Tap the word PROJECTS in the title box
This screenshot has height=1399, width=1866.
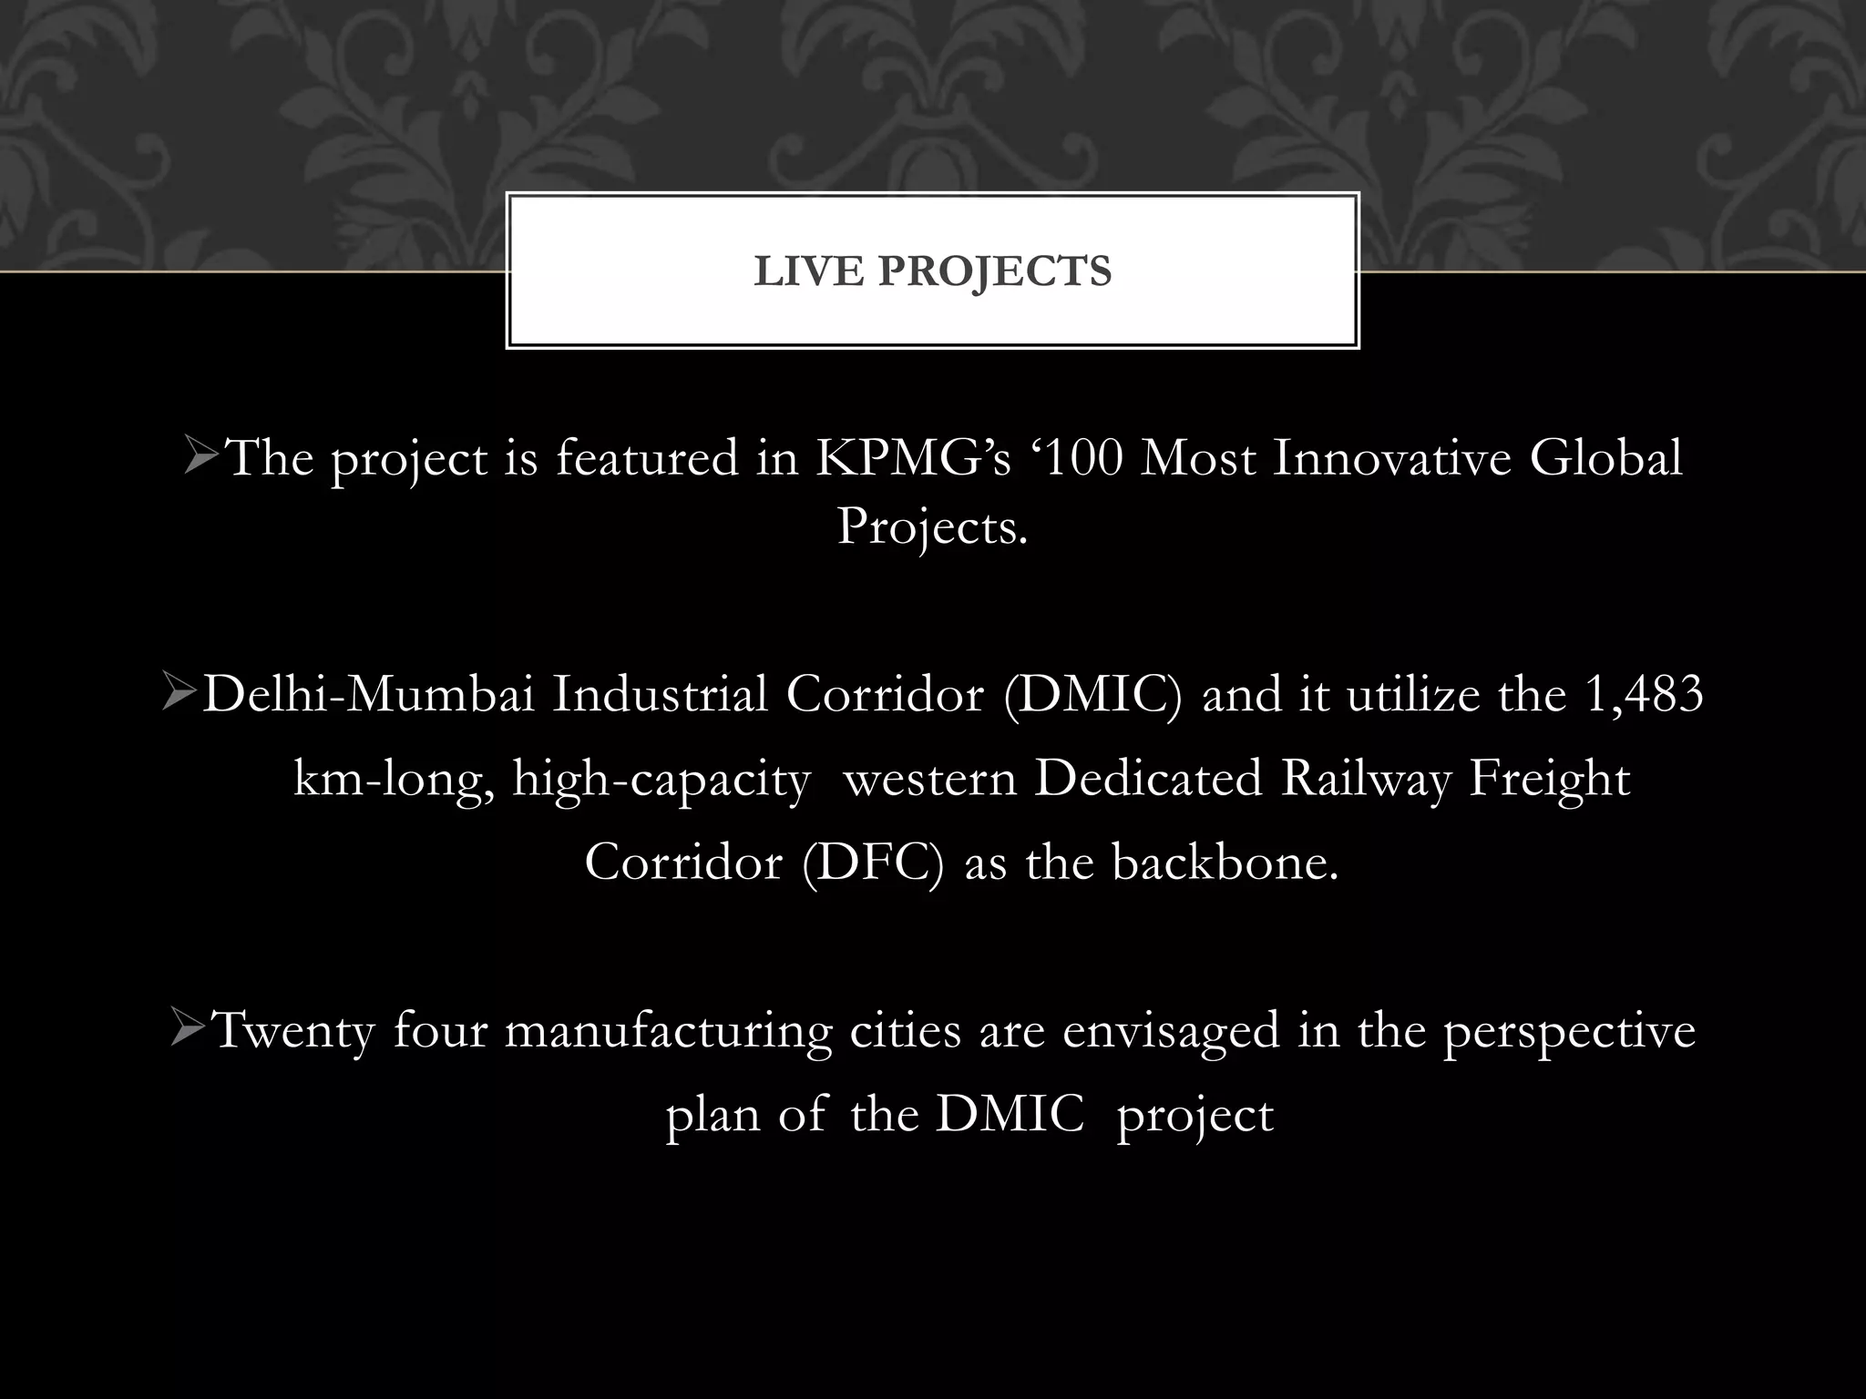point(995,271)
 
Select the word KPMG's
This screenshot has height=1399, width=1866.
point(913,458)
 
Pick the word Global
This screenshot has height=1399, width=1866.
point(1605,458)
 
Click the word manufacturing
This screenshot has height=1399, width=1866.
point(668,1032)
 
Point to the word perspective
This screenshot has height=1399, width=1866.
point(1569,1032)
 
